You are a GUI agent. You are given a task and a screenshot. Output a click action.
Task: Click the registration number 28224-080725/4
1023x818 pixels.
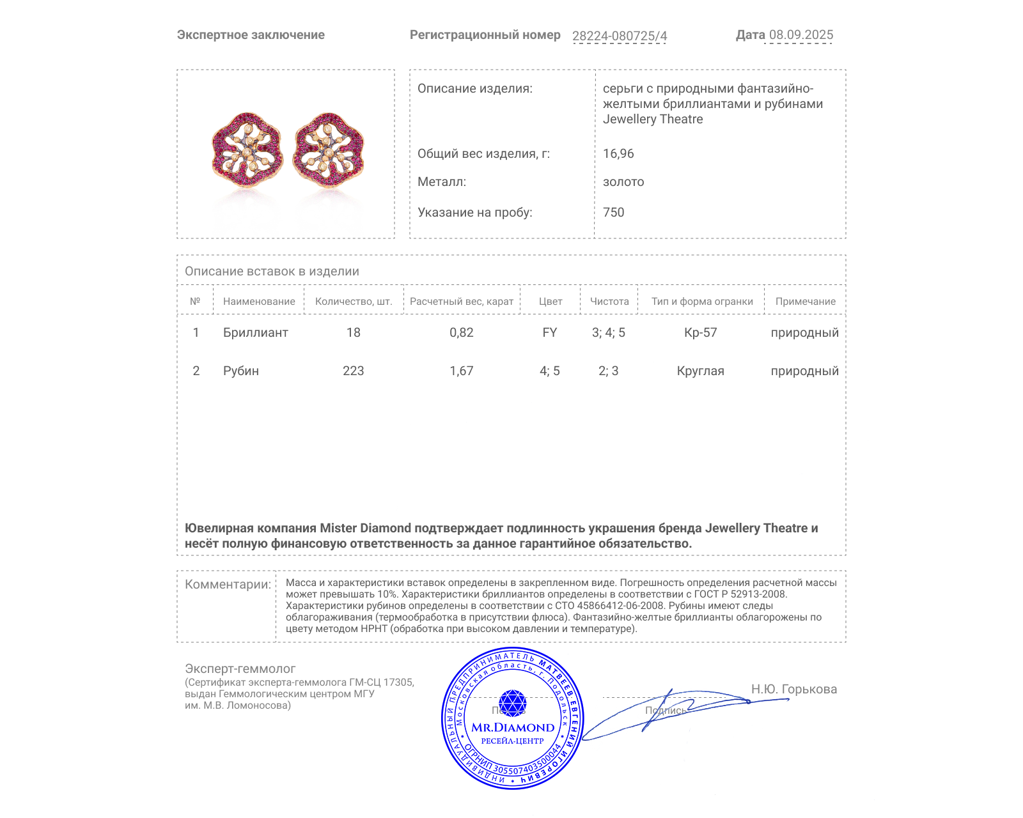point(619,36)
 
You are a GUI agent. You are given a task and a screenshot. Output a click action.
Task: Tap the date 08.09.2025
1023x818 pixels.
point(800,35)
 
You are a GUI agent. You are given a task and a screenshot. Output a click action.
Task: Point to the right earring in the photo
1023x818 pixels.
point(329,151)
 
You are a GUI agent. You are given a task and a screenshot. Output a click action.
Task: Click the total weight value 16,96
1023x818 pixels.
point(618,154)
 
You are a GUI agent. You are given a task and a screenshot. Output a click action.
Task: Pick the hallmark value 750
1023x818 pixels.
point(613,213)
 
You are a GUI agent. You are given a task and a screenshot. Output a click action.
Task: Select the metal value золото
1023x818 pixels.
point(623,182)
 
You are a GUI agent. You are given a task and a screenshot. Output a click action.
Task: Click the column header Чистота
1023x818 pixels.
point(609,302)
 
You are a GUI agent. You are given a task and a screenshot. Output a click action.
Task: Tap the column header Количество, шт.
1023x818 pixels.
point(354,302)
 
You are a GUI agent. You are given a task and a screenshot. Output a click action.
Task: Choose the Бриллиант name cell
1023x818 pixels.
point(255,333)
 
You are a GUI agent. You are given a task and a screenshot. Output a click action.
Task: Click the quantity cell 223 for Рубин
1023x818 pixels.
point(353,371)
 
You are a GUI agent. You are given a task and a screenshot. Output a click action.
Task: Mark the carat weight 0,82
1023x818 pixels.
point(461,333)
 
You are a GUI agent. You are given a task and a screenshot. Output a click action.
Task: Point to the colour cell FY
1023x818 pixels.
point(549,333)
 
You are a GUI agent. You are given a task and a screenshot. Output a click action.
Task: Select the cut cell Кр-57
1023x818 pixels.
point(700,333)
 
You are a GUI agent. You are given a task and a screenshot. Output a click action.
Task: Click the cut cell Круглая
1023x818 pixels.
point(700,371)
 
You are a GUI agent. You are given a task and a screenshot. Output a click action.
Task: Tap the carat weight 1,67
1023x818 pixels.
point(461,371)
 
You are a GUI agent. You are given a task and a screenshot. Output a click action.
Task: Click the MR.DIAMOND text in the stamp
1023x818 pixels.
point(513,727)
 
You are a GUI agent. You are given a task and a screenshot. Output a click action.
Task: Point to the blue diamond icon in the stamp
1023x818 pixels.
point(512,703)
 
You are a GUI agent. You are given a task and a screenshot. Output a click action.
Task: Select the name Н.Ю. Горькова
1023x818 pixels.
point(793,690)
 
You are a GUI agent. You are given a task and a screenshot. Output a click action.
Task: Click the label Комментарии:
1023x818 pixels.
point(228,585)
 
